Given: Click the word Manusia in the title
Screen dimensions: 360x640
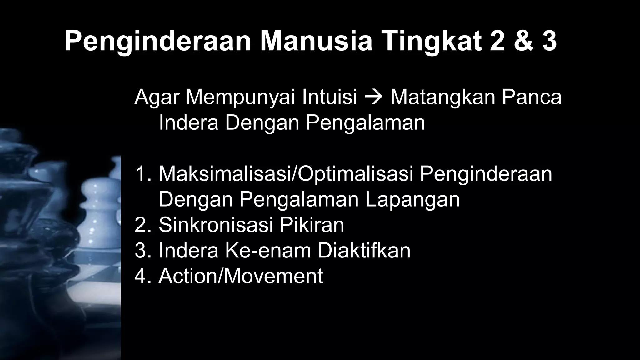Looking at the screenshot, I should [316, 42].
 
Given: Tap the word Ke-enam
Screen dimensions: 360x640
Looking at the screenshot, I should [267, 251].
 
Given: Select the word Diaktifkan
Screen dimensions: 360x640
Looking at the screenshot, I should [364, 251].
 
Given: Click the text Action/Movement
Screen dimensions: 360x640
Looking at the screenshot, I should [241, 276].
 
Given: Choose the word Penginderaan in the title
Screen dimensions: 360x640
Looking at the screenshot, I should [158, 42].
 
